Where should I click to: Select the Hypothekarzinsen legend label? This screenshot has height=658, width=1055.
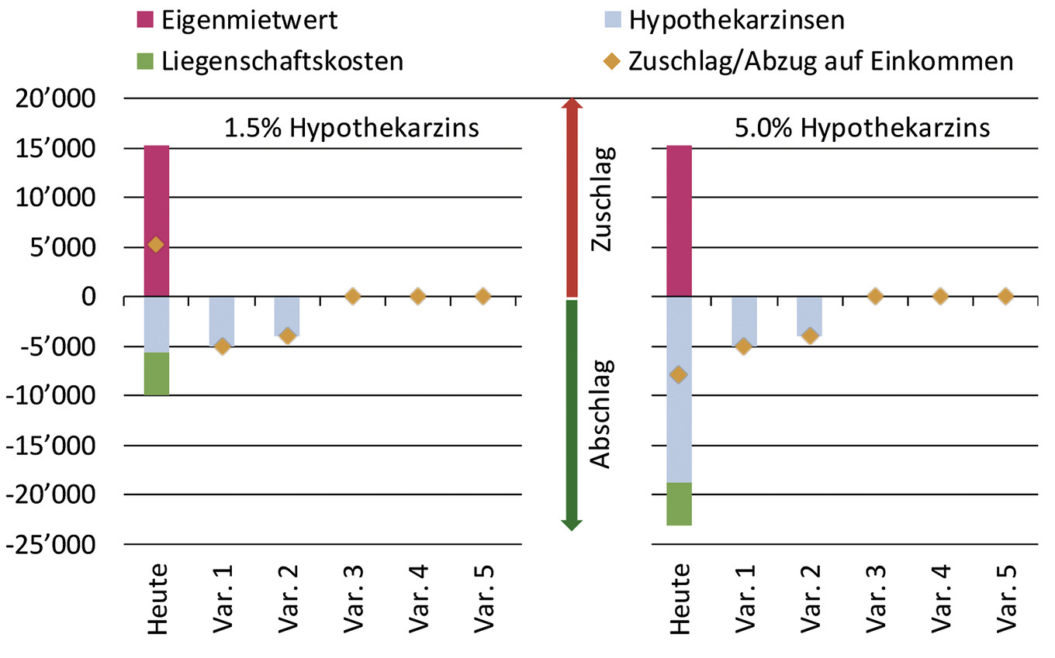736,20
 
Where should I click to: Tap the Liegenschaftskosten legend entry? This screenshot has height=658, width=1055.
282,61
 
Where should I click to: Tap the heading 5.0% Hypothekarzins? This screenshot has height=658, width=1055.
861,126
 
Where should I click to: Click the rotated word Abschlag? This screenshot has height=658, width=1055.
602,412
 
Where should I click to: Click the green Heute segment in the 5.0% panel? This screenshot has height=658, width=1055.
679,504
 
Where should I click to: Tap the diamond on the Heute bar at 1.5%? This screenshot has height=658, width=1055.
156,245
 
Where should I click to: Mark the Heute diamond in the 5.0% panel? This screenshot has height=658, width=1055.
679,375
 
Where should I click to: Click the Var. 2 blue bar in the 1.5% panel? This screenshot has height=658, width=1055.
287,314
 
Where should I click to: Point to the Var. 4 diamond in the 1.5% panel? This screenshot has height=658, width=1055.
417,296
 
